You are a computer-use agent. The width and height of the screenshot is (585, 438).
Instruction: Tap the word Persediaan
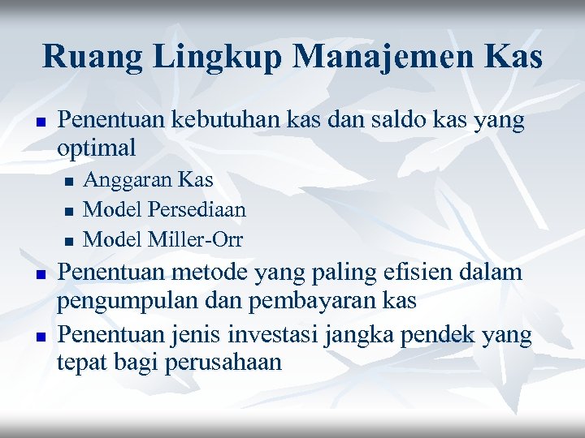pyautogui.click(x=197, y=209)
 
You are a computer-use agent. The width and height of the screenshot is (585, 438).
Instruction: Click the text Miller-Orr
pyautogui.click(x=197, y=239)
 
